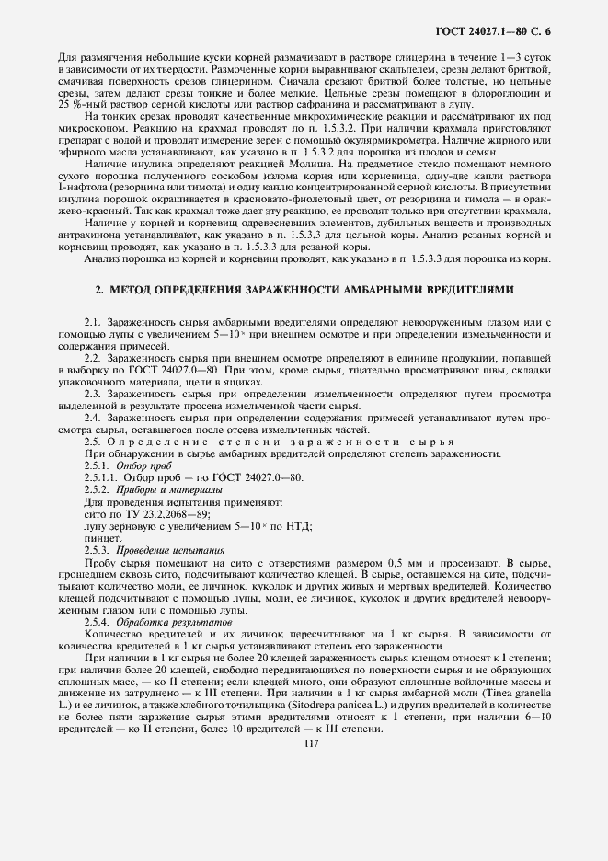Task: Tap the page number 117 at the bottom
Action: [x=304, y=745]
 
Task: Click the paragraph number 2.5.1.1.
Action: [x=100, y=478]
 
